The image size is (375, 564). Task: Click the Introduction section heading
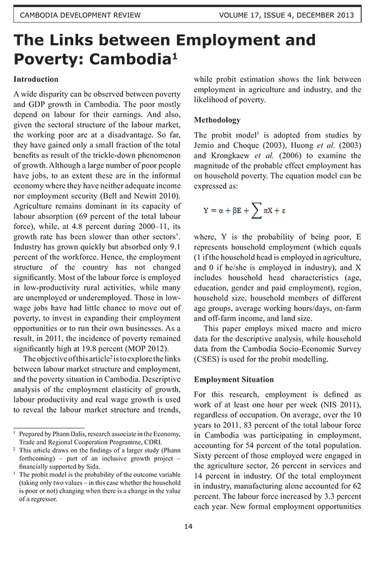coord(36,80)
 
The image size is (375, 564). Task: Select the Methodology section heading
coord(217,120)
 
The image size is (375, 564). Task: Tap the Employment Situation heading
coord(234,380)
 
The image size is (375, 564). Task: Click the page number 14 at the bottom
coord(188,526)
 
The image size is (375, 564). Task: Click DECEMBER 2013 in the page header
coord(329,15)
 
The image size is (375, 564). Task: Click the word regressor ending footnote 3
coord(42,499)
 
